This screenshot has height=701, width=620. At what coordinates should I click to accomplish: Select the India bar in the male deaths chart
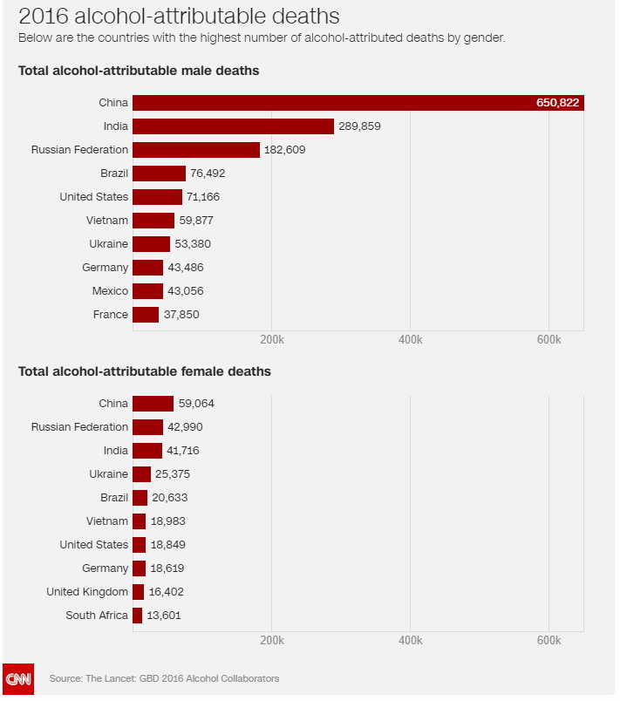234,126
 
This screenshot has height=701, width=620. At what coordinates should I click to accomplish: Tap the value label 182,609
285,150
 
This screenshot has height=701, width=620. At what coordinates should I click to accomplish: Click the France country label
110,315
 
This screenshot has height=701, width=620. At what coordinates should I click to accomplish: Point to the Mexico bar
148,291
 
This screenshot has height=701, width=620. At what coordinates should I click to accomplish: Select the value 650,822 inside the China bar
557,103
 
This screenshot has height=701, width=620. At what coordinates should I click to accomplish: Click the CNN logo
17,677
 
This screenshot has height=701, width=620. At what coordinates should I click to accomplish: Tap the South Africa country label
97,616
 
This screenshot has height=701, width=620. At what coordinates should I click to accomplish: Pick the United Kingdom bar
139,592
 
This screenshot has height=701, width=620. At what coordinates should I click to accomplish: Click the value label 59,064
196,404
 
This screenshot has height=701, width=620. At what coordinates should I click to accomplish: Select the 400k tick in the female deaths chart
410,641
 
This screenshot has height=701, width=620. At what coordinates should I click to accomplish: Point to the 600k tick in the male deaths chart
548,339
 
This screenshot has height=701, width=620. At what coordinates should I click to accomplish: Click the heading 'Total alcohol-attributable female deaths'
145,371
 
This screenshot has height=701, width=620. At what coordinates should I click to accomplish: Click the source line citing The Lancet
165,678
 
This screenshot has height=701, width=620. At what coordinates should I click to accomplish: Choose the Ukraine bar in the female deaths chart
142,474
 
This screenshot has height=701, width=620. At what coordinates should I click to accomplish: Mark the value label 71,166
203,197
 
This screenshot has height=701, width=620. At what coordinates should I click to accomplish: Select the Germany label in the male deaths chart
106,268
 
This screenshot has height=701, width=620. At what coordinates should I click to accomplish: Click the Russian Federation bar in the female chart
148,427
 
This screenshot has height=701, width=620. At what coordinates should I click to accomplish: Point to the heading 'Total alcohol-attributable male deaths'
139,71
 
